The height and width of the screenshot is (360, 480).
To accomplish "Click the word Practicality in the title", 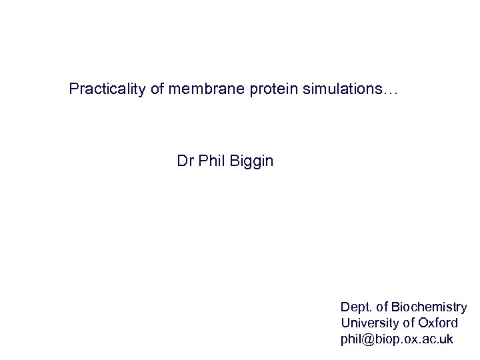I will tap(107, 89).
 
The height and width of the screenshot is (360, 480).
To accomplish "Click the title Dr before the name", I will tap(185, 161).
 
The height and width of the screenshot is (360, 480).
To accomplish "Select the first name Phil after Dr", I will tap(210, 161).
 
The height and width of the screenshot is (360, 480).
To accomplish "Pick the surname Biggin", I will tap(251, 161).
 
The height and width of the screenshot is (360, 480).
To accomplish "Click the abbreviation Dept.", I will tap(355, 307).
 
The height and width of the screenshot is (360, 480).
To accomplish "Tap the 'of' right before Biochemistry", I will tap(381, 307).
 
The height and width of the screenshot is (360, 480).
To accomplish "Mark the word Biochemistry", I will tap(429, 307).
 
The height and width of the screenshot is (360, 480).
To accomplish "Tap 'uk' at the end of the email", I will tap(446, 339).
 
